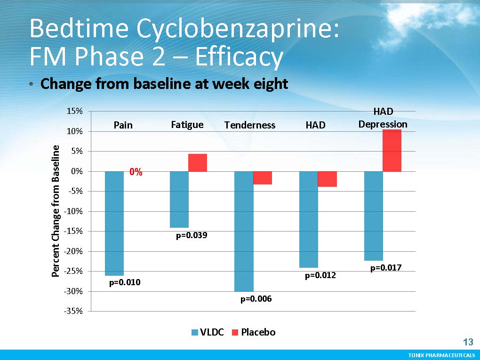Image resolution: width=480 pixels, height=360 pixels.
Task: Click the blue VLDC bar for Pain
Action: pos(114,223)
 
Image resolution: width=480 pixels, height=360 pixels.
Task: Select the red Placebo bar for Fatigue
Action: pos(198,162)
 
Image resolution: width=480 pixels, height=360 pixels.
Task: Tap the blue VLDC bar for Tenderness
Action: pos(244,231)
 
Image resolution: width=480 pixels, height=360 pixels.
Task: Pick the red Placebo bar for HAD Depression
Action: pos(392,151)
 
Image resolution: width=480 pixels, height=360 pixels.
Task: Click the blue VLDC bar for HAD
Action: pos(309,219)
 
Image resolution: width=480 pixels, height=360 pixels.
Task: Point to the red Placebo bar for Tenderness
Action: pos(263,178)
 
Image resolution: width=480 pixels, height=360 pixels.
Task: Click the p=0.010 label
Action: pos(125,283)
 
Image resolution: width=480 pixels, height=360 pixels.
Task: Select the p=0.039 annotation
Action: pos(192,235)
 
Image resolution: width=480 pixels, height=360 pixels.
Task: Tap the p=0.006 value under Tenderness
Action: pos(256,299)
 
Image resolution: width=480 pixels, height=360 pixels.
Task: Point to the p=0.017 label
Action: pos(386,268)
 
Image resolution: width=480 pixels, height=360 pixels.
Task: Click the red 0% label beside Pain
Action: pos(136,172)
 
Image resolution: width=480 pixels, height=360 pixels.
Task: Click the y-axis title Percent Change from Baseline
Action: pos(56,211)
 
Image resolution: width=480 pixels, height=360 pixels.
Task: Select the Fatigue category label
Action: pos(187,125)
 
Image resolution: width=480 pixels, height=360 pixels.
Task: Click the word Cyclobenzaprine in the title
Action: pos(238,29)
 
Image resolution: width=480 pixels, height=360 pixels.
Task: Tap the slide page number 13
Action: pos(468,342)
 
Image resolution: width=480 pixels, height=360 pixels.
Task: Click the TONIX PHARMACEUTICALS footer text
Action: pos(441,355)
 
